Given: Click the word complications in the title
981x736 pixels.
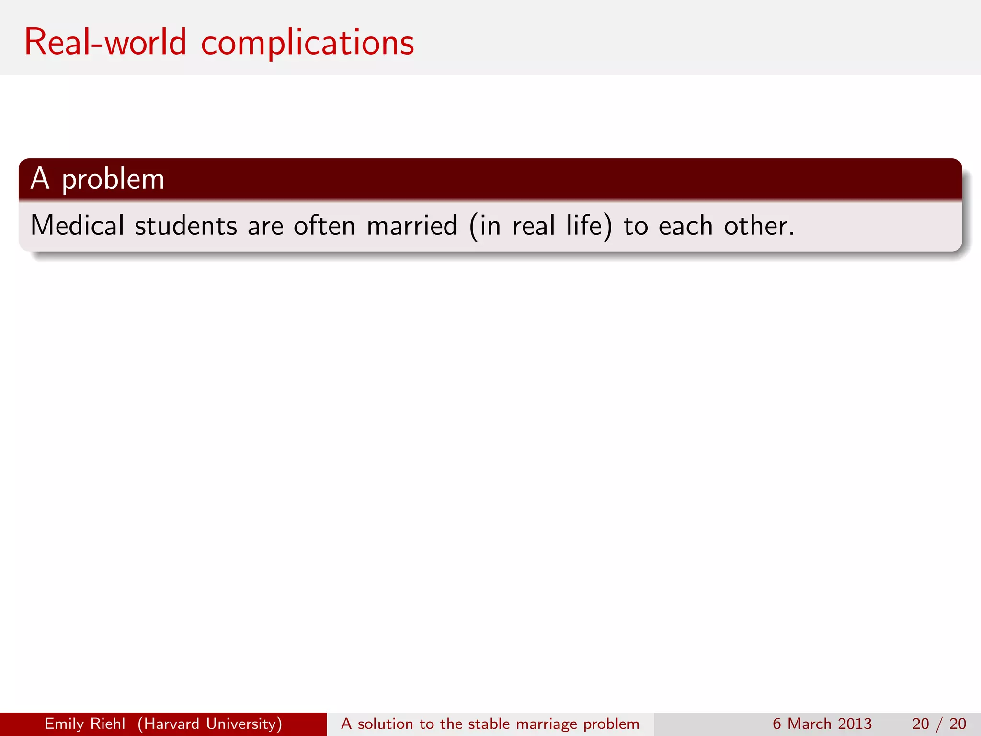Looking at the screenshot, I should coord(307,43).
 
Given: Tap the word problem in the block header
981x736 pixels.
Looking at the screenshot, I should coord(113,180).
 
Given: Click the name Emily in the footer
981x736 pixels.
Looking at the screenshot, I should coord(65,724).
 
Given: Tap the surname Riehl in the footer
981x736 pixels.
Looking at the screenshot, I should coord(112,724).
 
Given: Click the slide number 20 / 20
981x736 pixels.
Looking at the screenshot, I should coord(939,724).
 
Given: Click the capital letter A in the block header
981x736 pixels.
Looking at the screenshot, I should coord(40,179).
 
